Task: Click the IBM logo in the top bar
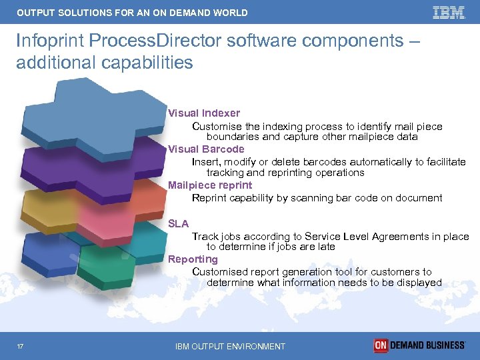pyautogui.click(x=449, y=12)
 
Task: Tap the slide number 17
pyautogui.click(x=22, y=346)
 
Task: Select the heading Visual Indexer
pyautogui.click(x=203, y=113)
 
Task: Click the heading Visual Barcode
pyautogui.click(x=206, y=149)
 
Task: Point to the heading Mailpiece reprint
pyautogui.click(x=210, y=185)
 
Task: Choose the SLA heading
pyautogui.click(x=178, y=224)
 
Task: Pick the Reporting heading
pyautogui.click(x=193, y=259)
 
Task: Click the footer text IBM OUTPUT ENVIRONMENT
pyautogui.click(x=230, y=346)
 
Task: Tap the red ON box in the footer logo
pyautogui.click(x=381, y=345)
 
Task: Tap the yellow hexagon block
pyautogui.click(x=47, y=210)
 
